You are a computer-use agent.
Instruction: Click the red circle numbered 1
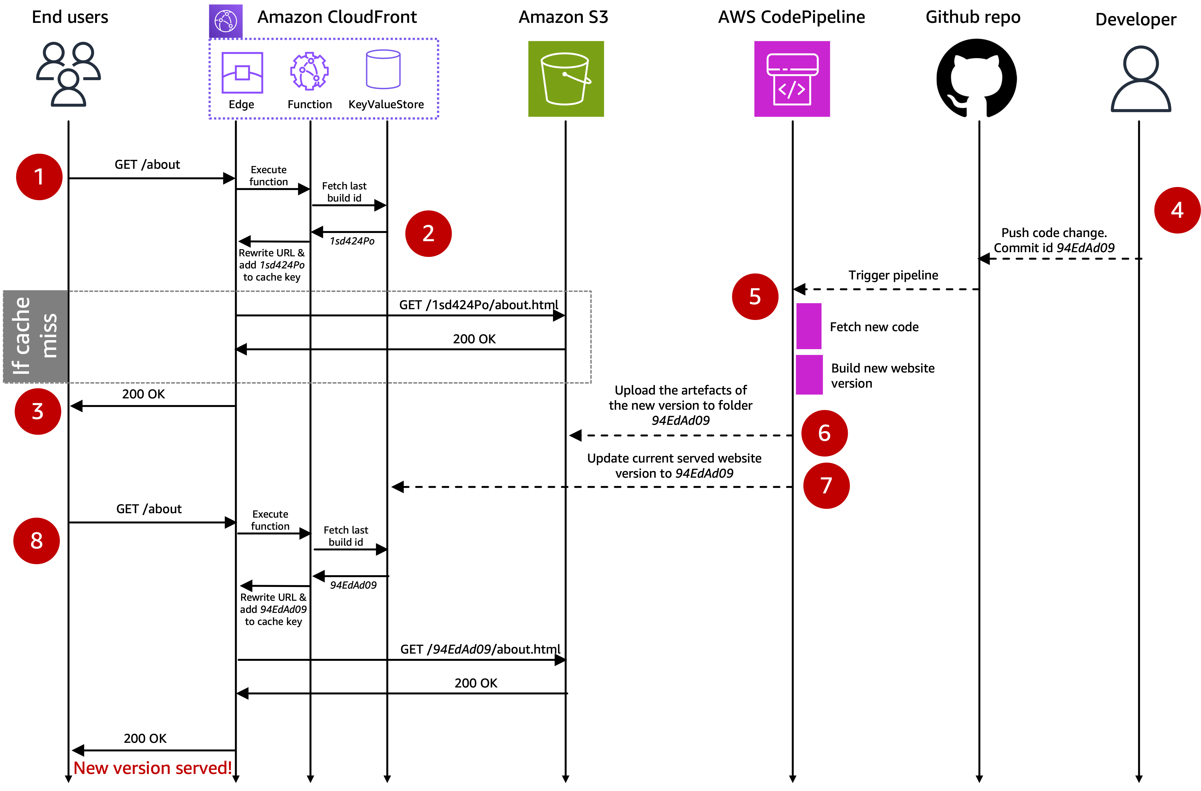(39, 177)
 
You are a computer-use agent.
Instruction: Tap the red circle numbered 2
(428, 234)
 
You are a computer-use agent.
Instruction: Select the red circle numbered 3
(38, 411)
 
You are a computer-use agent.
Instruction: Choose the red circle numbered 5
(755, 297)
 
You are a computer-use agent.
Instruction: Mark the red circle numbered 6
(824, 433)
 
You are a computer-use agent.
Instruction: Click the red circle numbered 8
(36, 541)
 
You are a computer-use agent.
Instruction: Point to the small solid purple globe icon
(225, 21)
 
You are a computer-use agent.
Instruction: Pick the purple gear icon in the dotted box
(309, 72)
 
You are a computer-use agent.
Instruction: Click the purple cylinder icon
(383, 70)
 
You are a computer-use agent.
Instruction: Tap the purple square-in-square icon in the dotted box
(242, 73)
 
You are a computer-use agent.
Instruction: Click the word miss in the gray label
(49, 336)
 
